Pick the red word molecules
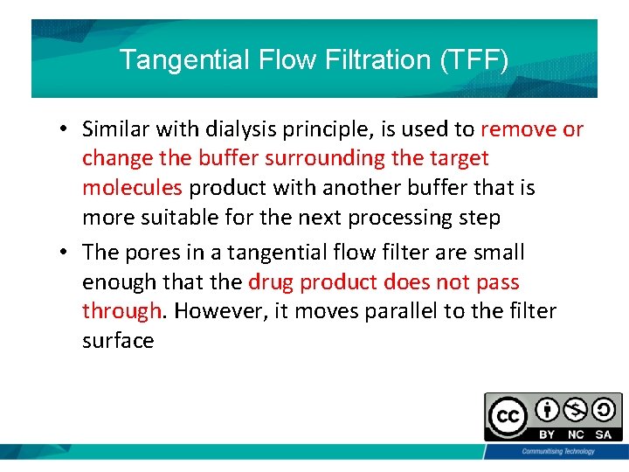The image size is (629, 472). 132,188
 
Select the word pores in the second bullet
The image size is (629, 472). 150,253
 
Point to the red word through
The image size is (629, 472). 121,311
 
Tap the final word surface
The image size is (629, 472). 118,340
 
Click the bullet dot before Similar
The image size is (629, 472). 65,130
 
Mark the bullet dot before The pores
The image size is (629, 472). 65,253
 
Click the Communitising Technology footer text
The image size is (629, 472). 557,451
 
